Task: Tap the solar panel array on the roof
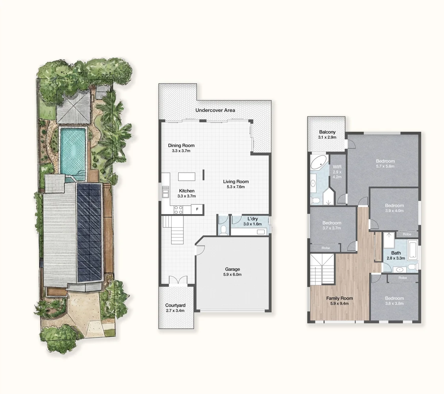(89, 232)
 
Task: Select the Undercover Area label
(215, 110)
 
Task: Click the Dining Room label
(181, 146)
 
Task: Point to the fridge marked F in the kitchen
(197, 209)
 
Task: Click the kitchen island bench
(187, 177)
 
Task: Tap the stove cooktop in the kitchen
(179, 210)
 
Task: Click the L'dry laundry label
(252, 219)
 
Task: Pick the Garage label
(232, 269)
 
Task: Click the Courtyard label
(175, 305)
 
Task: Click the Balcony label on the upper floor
(327, 132)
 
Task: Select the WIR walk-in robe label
(337, 167)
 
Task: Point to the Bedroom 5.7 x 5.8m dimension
(385, 166)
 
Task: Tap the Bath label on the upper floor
(396, 253)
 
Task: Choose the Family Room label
(339, 298)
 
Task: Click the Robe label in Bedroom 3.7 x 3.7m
(326, 248)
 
